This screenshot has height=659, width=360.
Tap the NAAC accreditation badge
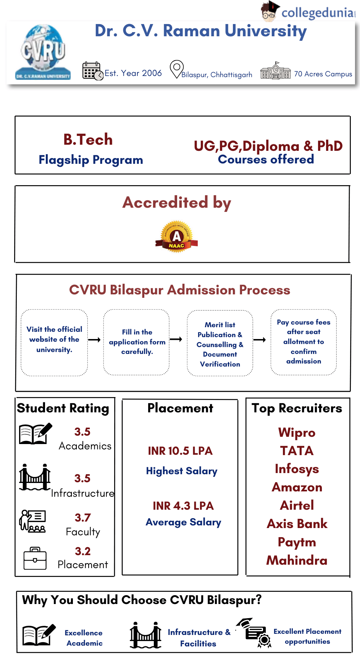(x=176, y=237)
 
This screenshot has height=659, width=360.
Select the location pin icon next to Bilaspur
(x=176, y=69)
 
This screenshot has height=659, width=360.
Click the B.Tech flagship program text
(x=88, y=140)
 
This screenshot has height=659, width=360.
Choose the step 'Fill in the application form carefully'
(x=137, y=342)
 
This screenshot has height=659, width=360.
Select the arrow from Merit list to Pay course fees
(x=260, y=340)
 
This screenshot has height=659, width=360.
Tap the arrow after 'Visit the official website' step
(x=94, y=340)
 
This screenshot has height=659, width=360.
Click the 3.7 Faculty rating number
(x=83, y=518)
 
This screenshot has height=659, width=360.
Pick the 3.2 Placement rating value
(x=83, y=551)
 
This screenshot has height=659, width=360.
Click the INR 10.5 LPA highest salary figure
(x=180, y=451)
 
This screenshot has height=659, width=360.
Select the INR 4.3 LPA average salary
(x=183, y=506)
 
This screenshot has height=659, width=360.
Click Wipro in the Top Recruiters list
(x=297, y=433)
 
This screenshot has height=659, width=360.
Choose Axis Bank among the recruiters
(x=297, y=524)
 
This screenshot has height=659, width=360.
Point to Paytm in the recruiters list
(x=297, y=542)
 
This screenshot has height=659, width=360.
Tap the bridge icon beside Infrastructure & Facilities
(x=145, y=635)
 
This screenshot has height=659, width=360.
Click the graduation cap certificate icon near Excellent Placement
(x=253, y=633)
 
